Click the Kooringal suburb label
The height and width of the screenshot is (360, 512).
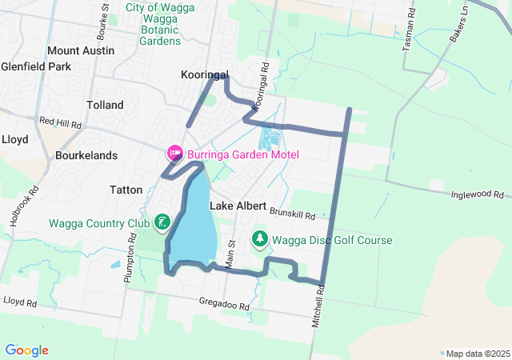tap(205, 74)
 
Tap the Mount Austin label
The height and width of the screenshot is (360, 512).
tap(81, 50)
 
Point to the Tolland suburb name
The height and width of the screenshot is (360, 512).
tap(105, 105)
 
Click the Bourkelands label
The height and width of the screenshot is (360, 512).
tap(86, 155)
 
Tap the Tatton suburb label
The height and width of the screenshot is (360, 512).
tap(126, 190)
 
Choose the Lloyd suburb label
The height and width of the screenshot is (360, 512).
tap(14, 139)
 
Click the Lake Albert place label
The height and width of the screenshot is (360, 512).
tap(238, 206)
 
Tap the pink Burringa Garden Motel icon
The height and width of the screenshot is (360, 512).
tap(174, 153)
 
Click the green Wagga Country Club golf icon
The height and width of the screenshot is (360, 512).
tap(162, 222)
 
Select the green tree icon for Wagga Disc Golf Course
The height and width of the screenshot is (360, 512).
tap(260, 239)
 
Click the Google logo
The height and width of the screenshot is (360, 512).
tap(26, 350)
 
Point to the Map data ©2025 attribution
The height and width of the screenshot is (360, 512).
tap(477, 354)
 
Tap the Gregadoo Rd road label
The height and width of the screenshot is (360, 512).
tap(225, 306)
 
